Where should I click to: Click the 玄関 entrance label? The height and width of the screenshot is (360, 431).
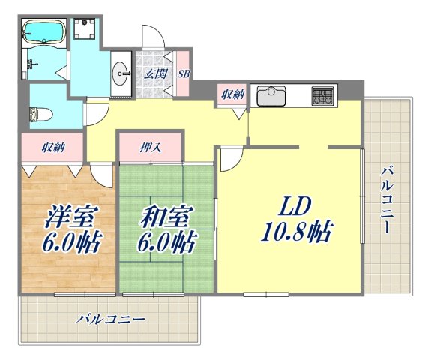pos(156,73)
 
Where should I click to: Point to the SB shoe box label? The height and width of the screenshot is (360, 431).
pos(183,73)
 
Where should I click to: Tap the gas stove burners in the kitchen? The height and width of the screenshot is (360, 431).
pos(324,95)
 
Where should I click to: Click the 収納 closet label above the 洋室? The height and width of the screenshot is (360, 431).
pos(52,148)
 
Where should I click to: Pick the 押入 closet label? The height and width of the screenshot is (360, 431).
pos(150,148)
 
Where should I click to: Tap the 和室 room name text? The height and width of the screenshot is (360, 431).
pos(165,217)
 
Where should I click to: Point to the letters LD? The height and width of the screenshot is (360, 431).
pos(295,206)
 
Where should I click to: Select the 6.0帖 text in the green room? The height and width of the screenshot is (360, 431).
pos(165,243)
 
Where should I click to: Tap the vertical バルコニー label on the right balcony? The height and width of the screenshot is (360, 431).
pos(386,199)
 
